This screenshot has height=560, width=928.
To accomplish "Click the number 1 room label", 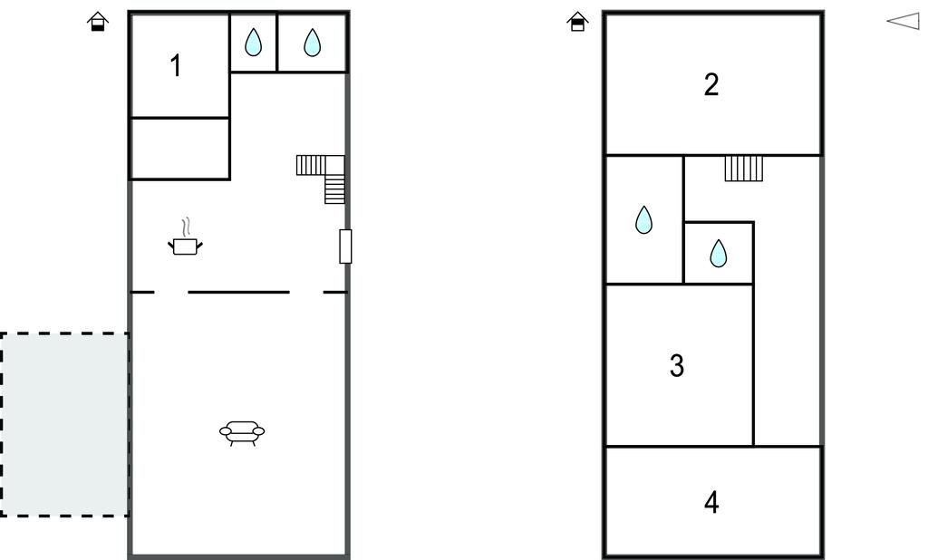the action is click(175, 66).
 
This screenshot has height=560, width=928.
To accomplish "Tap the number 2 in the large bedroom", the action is click(711, 84).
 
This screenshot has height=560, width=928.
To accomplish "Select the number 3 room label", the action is click(677, 366).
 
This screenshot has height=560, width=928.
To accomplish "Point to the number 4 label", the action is click(711, 502).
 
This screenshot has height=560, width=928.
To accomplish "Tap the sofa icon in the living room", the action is click(242, 433).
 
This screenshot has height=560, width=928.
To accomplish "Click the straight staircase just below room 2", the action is click(744, 169).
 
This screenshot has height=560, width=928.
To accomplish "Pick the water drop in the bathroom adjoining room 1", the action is click(254, 43).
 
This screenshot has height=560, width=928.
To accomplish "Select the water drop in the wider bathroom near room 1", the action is click(312, 43).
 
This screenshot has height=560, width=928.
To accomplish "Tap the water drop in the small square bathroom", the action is click(718, 254).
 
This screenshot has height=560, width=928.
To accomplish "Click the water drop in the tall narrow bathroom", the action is click(644, 219).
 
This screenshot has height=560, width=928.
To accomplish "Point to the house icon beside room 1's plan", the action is click(98, 22).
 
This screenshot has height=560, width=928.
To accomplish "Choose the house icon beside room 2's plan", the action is click(577, 22).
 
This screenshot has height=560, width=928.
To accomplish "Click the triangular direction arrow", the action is click(904, 22).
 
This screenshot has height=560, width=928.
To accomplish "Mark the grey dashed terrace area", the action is click(64, 424).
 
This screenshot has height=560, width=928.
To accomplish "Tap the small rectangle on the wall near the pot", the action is click(345, 246).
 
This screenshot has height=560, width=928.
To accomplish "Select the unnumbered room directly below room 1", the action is click(179, 148).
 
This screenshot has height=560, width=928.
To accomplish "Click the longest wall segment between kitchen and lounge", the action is click(238, 292).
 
